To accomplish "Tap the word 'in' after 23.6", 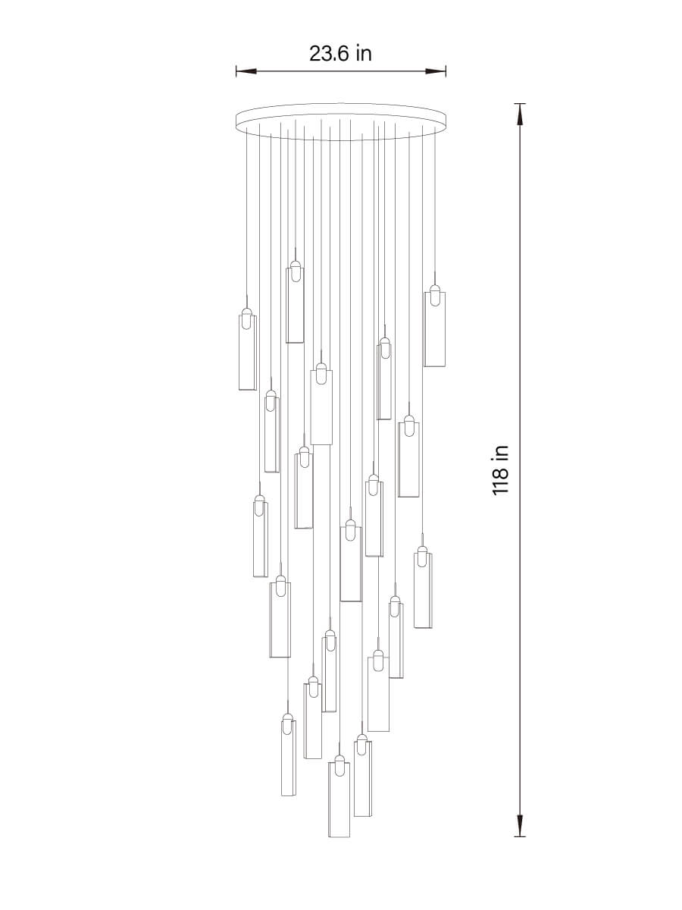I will click(x=364, y=54).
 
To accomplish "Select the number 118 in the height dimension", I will click(x=500, y=482).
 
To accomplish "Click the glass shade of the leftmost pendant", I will click(x=247, y=356).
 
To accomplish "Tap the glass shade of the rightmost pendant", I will click(x=434, y=334).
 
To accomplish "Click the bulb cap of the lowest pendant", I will click(x=339, y=766).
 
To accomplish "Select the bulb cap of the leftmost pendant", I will click(x=247, y=318).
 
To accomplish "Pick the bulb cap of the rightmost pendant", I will click(x=434, y=296).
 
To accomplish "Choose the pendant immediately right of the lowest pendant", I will click(x=363, y=781).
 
